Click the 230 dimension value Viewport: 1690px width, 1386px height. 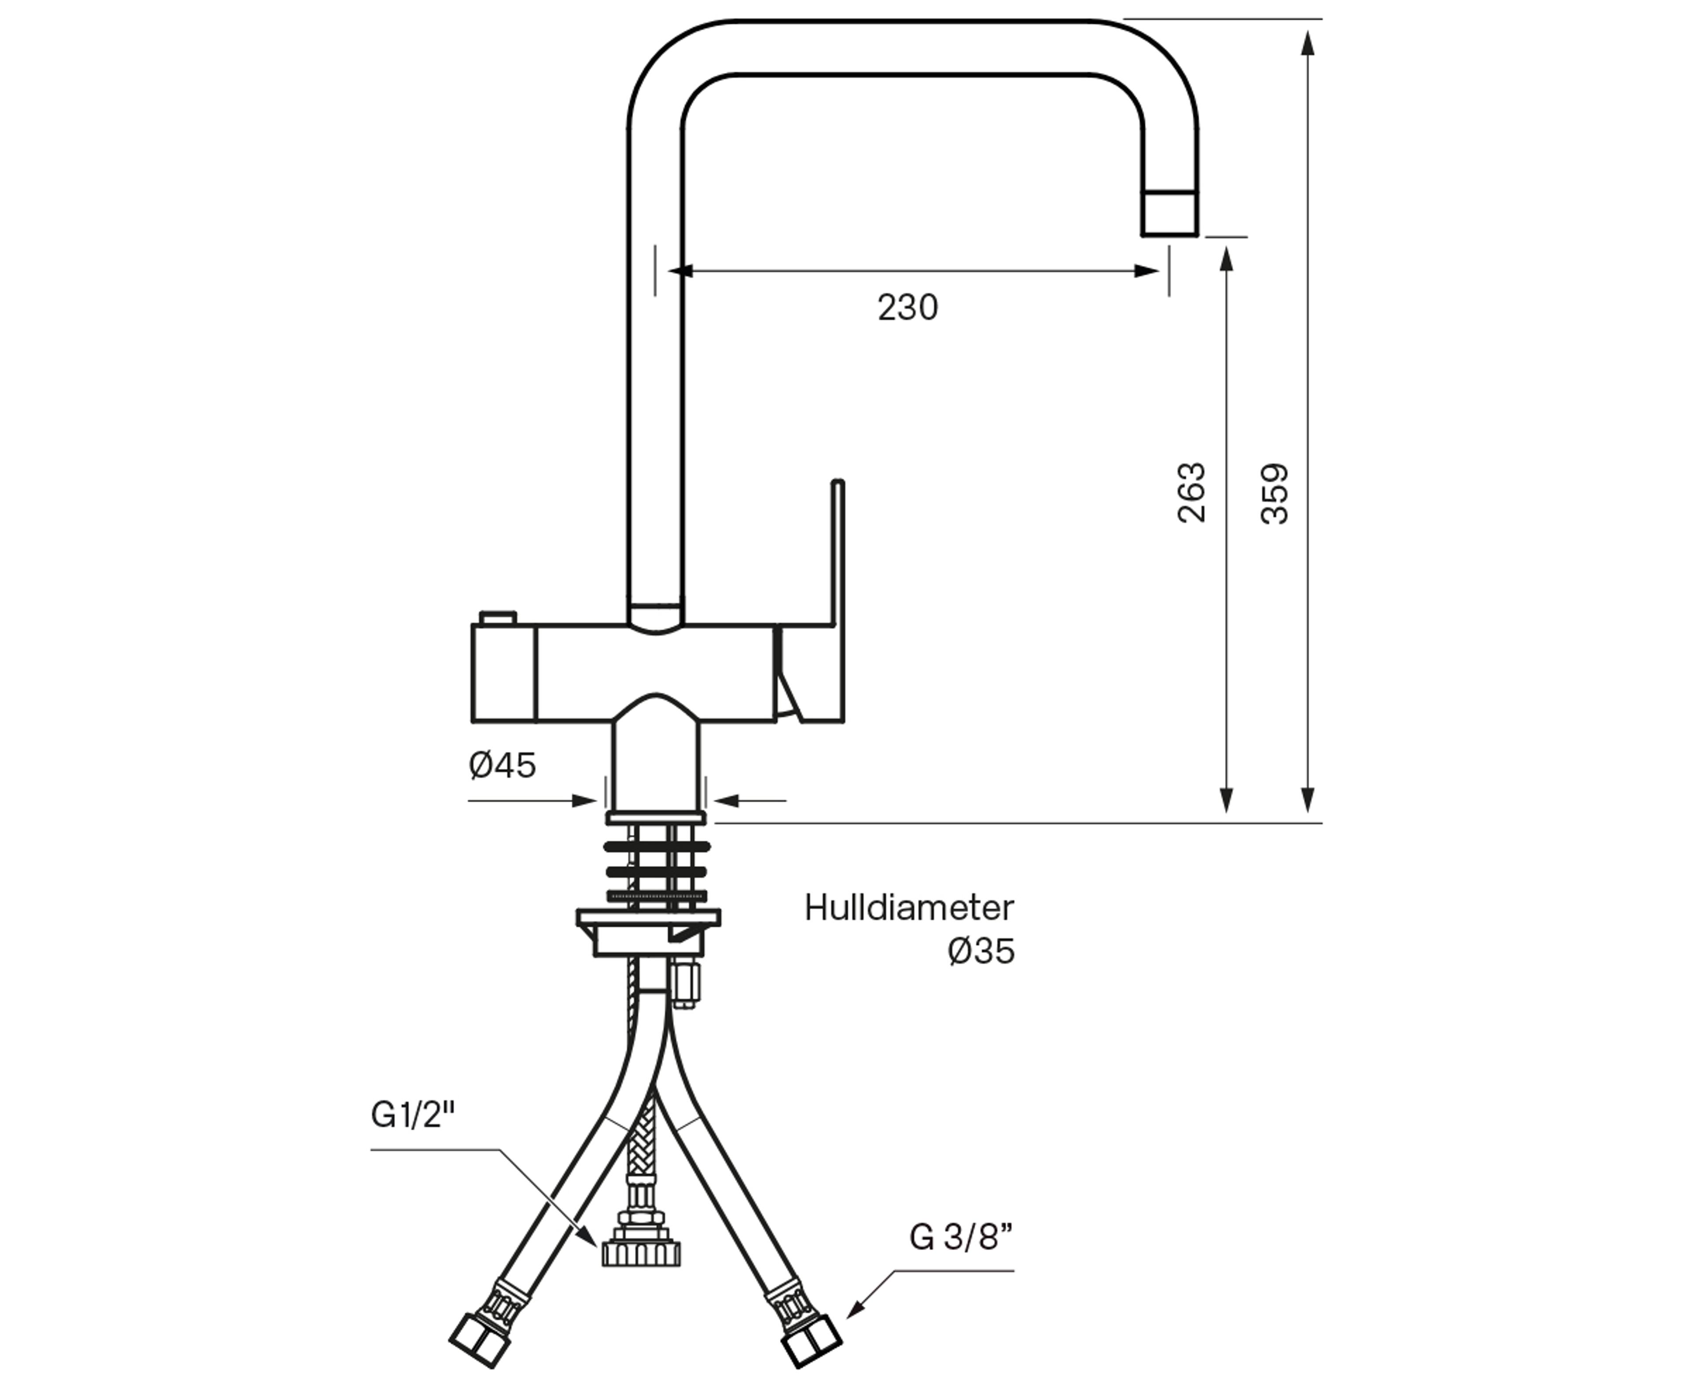tap(907, 307)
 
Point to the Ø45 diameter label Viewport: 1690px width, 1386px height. tap(502, 765)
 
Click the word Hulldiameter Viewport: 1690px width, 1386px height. tap(908, 908)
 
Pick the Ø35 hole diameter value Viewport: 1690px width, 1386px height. tap(981, 951)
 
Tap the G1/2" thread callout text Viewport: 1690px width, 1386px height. tap(413, 1114)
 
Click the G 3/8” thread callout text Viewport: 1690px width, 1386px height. tap(961, 1238)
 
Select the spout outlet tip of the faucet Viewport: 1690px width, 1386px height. tap(1169, 214)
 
